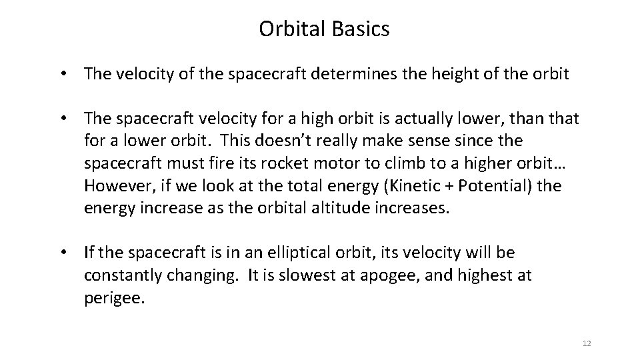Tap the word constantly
coord(122,275)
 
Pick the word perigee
coord(113,297)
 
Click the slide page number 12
coord(587,343)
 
